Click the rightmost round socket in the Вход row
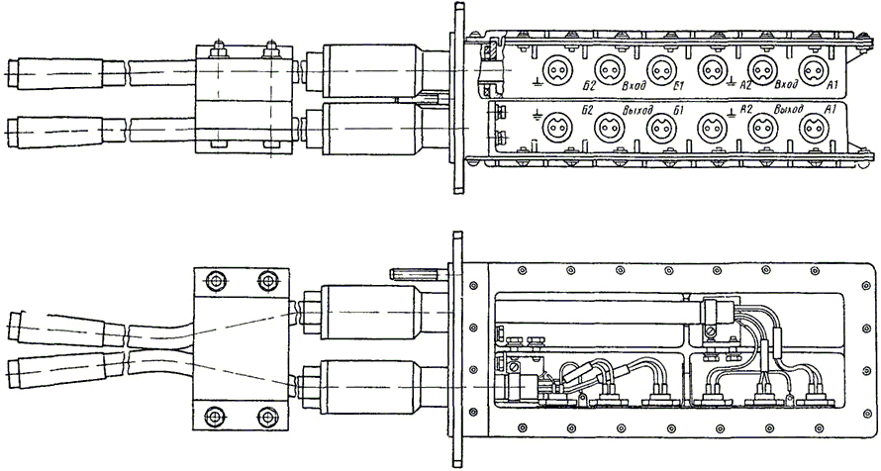point(816,70)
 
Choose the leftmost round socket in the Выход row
point(555,126)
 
